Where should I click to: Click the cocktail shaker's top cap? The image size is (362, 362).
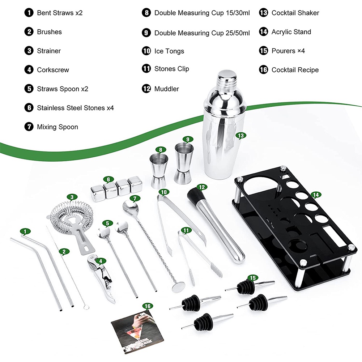(x=227, y=78)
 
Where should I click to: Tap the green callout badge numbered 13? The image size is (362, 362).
(x=241, y=136)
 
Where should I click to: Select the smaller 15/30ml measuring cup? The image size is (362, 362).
(x=159, y=171)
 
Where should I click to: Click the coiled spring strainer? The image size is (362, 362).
(x=72, y=222)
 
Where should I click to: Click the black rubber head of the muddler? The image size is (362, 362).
(x=195, y=195)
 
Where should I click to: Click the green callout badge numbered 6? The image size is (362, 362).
(x=108, y=179)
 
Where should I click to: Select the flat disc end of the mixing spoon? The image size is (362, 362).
(x=178, y=286)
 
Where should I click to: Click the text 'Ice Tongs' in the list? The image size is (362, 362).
(x=169, y=51)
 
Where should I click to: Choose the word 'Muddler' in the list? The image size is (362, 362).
(x=167, y=89)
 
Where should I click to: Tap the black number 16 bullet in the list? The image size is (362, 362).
(x=263, y=69)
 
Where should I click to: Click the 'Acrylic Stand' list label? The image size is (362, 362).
(x=291, y=32)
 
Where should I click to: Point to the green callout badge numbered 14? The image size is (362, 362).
(x=316, y=195)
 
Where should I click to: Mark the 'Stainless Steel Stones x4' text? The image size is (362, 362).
(x=76, y=108)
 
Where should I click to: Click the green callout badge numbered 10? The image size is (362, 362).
(x=164, y=192)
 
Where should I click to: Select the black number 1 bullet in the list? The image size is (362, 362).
(x=29, y=12)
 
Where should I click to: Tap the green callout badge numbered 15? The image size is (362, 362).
(x=253, y=278)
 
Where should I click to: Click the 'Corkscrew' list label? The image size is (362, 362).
(x=53, y=70)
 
